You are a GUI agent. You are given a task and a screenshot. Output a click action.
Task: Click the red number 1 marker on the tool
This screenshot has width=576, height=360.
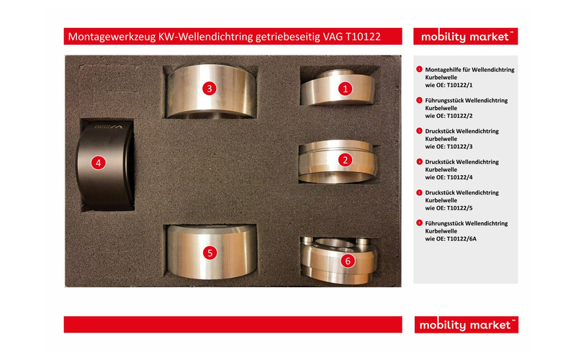346,89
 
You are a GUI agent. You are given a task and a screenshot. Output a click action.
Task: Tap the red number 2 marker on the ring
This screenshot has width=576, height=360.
346,160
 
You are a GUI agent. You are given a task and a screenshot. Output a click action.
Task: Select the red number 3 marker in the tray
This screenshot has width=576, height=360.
209,89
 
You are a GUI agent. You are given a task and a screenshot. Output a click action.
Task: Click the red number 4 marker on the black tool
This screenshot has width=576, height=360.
99,163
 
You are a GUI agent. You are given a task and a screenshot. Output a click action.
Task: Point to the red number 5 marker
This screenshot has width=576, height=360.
209,253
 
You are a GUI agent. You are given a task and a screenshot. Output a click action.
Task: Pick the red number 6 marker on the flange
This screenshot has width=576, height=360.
348,261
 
